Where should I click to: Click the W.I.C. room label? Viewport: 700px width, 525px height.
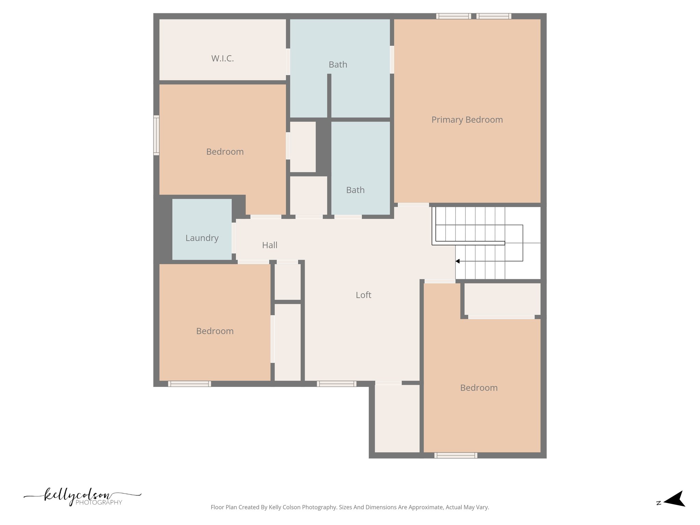coord(223,58)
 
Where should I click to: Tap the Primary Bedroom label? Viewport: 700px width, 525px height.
coord(467,120)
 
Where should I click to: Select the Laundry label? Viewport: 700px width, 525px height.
coord(202,238)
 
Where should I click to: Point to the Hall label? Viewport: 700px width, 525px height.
coord(270,245)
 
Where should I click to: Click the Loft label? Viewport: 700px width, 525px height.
coord(363,295)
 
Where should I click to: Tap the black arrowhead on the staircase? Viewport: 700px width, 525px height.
coord(457,261)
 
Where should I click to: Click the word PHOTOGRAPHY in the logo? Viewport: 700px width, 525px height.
coord(99,502)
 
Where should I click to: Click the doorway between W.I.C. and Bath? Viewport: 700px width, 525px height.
coord(288,62)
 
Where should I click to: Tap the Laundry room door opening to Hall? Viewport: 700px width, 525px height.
coord(234,238)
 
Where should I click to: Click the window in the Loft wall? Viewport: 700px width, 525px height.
coord(337,384)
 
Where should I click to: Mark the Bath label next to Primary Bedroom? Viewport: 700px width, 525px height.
coord(338,65)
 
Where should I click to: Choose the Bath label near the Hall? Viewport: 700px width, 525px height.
coord(355,190)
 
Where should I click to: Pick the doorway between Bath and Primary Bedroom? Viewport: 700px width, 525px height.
coord(392,59)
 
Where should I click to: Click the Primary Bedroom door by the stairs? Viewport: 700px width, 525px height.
coord(413,205)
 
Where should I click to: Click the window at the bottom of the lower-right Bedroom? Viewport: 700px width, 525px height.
coord(456,455)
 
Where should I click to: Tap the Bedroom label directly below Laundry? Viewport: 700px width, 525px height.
coord(215,331)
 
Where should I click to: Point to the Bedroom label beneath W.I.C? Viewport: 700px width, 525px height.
coord(225,152)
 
